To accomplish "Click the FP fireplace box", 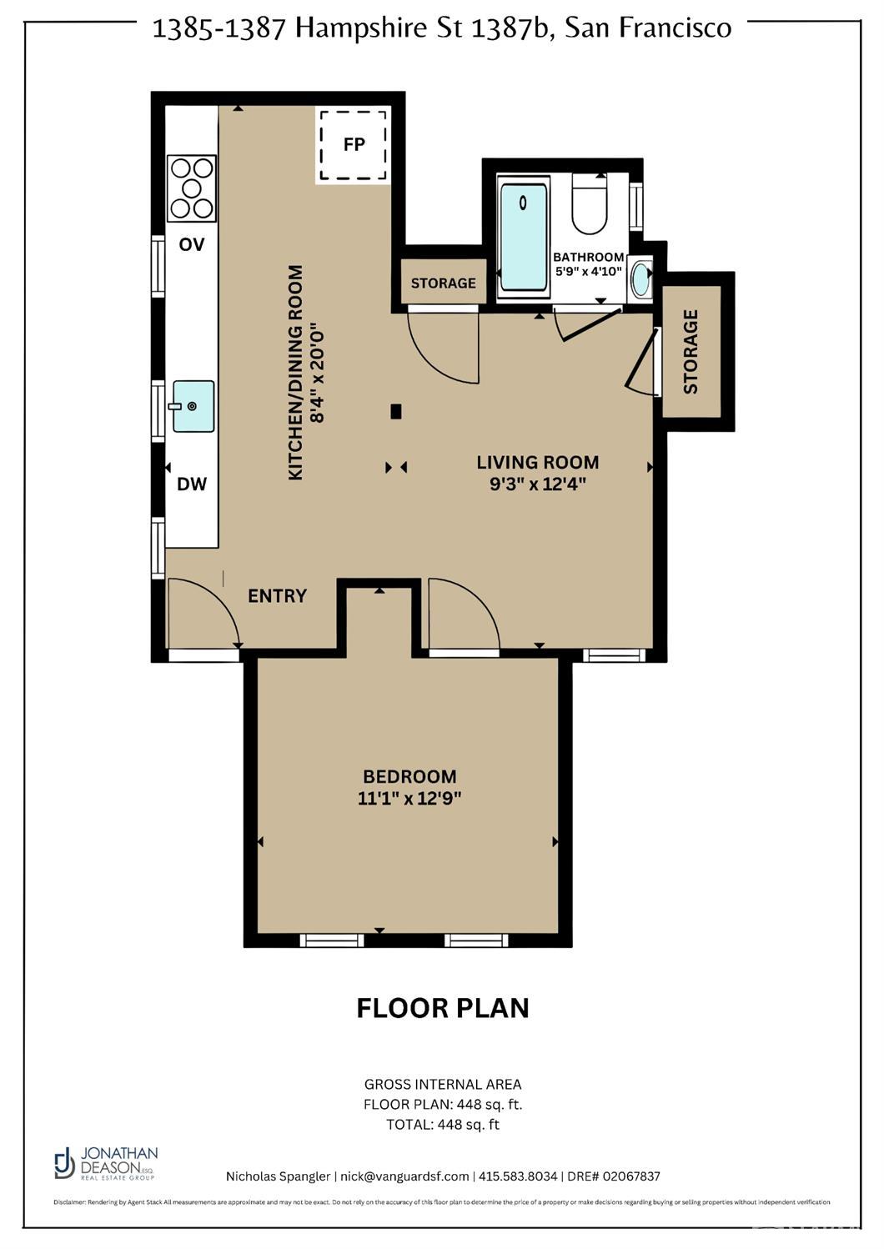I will point(354,144).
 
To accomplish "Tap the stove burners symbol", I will point(192,188).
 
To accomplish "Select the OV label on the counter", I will point(192,244).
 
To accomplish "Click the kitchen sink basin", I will point(193,406).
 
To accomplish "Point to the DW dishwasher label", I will point(192,484).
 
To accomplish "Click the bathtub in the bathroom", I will point(524,237).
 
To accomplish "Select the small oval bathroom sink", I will point(640,279).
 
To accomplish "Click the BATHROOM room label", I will point(589,257).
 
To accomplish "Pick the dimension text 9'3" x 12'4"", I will point(538,484).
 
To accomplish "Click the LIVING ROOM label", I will point(538,462).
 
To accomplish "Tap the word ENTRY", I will point(277,595).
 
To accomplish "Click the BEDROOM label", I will point(409,776).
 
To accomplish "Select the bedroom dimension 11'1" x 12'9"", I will point(409,798).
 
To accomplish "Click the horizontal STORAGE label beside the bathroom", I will point(443,283).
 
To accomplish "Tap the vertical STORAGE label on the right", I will point(691,351).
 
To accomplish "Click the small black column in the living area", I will point(397,411).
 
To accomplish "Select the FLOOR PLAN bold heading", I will point(442,1007).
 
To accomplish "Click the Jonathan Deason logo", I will point(105,1162).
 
